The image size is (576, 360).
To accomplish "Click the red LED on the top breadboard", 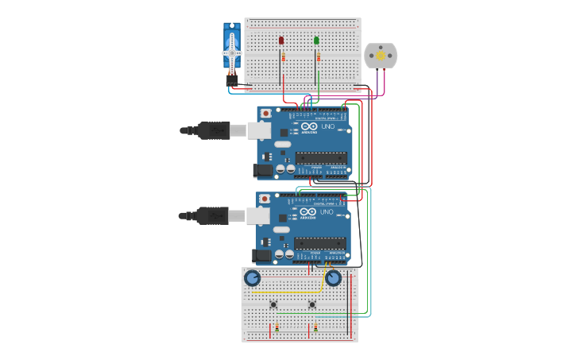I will (x=281, y=41).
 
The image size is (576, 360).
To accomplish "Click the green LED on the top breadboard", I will (x=316, y=41).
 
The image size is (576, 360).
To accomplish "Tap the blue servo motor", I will (x=232, y=50).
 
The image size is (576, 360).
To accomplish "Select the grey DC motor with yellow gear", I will (x=380, y=56).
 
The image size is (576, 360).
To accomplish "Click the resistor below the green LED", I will (x=318, y=57).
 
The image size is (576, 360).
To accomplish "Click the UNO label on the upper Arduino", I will (x=327, y=126).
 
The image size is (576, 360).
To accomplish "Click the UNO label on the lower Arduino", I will (x=327, y=212).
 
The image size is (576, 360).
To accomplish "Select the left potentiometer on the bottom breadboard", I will (x=252, y=277).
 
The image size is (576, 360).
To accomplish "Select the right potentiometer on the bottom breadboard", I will (x=333, y=277).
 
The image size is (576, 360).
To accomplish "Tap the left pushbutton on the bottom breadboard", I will (x=273, y=304).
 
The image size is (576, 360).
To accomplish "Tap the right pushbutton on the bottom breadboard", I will (x=311, y=304).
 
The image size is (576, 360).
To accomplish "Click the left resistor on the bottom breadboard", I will (x=276, y=327).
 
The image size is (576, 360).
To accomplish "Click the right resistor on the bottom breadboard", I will (x=315, y=327).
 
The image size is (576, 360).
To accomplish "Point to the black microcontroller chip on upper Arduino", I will (x=321, y=157).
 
